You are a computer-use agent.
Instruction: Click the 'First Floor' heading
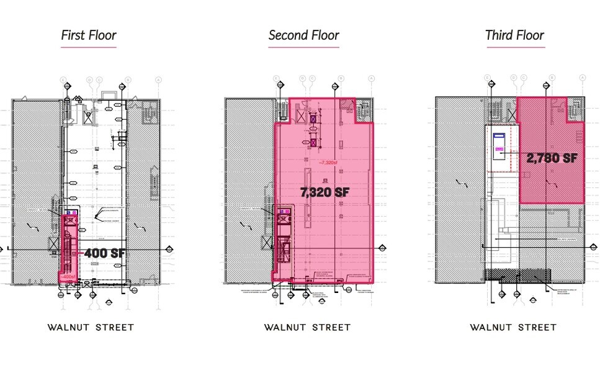coord(88,35)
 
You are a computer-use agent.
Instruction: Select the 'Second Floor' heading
coord(303,35)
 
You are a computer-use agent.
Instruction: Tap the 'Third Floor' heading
coord(514,35)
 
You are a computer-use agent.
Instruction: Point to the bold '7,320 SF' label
coord(325,192)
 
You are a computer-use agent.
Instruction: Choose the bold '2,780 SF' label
coord(552,158)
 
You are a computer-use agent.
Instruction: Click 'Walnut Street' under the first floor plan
coord(91,327)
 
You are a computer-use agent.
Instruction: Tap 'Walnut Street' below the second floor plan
coord(307,327)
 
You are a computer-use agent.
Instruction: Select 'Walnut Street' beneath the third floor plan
coord(513,327)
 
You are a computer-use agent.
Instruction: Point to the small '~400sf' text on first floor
coord(67,277)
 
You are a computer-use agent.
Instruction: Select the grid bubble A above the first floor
coord(158,79)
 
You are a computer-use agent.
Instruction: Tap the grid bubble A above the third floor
coord(582,78)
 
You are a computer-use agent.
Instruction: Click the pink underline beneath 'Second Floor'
coord(303,47)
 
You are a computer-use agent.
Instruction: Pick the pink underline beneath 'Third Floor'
coord(514,47)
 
